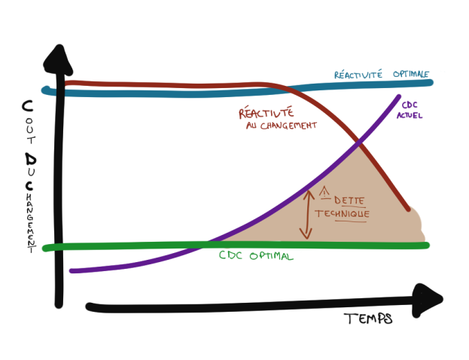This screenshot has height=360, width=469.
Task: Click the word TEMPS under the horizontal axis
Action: tap(368, 319)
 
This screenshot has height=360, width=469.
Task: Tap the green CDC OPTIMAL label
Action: tap(256, 255)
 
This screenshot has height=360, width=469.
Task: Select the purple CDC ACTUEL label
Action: tap(413, 110)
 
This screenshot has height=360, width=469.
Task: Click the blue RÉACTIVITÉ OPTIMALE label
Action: tap(382, 75)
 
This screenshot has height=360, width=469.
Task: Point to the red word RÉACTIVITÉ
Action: tap(266, 114)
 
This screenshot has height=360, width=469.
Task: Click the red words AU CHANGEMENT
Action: tap(281, 126)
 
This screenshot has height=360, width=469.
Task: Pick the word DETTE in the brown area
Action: tap(346, 201)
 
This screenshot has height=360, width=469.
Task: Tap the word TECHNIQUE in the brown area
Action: tap(343, 214)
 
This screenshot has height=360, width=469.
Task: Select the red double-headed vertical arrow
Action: tap(306, 214)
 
